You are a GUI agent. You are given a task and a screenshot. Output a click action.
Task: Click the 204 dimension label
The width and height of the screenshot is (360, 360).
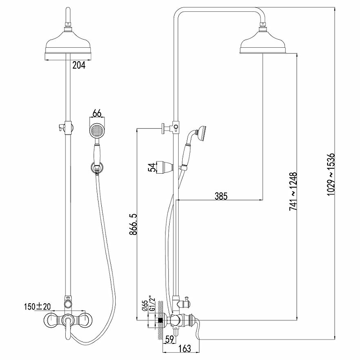click(x=79, y=65)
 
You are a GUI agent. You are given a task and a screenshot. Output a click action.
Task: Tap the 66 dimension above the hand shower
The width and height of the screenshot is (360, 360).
click(x=97, y=113)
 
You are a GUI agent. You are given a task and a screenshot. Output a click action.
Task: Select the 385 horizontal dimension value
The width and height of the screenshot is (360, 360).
click(x=221, y=196)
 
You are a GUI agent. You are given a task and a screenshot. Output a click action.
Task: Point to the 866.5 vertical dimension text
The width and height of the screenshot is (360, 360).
click(x=133, y=224)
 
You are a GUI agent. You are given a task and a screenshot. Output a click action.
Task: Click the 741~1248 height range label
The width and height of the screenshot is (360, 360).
click(x=293, y=191)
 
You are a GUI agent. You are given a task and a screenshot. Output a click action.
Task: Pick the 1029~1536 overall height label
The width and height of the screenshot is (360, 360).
click(x=331, y=175)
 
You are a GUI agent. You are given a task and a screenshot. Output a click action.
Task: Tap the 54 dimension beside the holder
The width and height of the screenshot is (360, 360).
click(x=152, y=167)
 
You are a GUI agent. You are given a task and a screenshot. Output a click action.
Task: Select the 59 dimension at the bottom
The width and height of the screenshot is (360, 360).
click(x=170, y=340)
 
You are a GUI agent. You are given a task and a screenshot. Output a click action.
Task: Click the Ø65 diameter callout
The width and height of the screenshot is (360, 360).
click(x=145, y=306)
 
